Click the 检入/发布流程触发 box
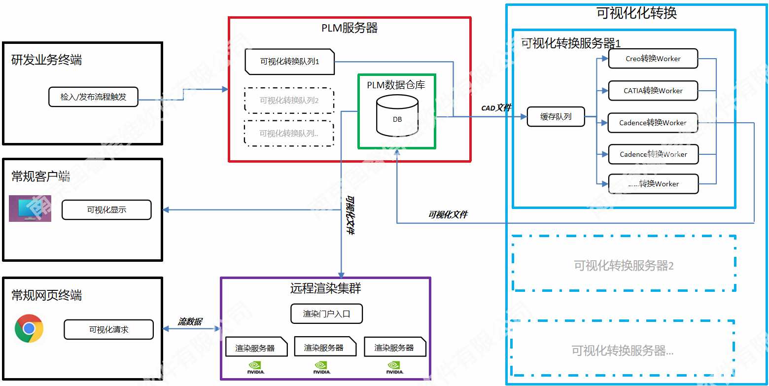[x=93, y=97]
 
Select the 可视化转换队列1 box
[x=290, y=62]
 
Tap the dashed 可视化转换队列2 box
[x=289, y=101]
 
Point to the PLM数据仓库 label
[x=396, y=85]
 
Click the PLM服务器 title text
[x=350, y=28]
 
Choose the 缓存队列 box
[x=556, y=117]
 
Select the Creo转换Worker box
[x=653, y=59]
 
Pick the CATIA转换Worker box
[x=653, y=91]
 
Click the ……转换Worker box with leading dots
[x=653, y=184]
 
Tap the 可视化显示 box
[x=106, y=210]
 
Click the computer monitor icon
[x=30, y=208]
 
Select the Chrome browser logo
[x=29, y=328]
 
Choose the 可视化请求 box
[x=108, y=330]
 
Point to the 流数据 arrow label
[x=190, y=322]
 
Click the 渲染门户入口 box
[x=326, y=314]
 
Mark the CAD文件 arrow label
[x=496, y=108]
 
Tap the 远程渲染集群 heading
[x=325, y=288]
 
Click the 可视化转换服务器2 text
[x=624, y=266]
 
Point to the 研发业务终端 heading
[x=46, y=60]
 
